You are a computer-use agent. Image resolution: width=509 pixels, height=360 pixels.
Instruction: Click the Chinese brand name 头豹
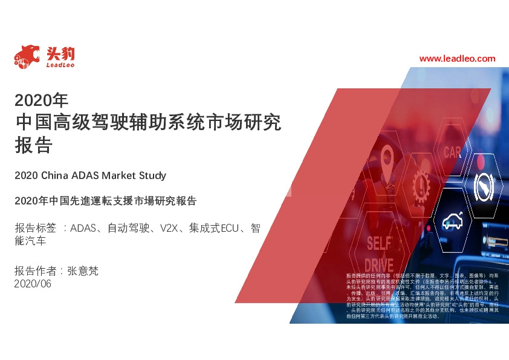click(60, 52)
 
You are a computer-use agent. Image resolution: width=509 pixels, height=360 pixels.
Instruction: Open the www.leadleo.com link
click(457, 59)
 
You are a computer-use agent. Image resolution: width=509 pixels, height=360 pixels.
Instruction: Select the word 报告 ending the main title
click(34, 145)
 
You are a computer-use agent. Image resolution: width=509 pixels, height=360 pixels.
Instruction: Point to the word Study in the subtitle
click(152, 175)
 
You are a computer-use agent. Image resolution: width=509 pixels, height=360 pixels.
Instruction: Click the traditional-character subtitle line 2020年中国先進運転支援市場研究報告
click(106, 200)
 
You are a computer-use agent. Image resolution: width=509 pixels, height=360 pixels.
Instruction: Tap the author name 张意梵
click(82, 271)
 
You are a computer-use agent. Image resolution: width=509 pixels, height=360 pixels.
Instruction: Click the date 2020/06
click(33, 284)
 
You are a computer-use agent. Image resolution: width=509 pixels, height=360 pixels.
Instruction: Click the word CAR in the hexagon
click(452, 152)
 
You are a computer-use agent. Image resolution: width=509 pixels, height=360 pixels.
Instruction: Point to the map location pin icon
click(387, 159)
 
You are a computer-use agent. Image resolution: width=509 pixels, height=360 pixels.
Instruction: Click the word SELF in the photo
click(379, 243)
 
